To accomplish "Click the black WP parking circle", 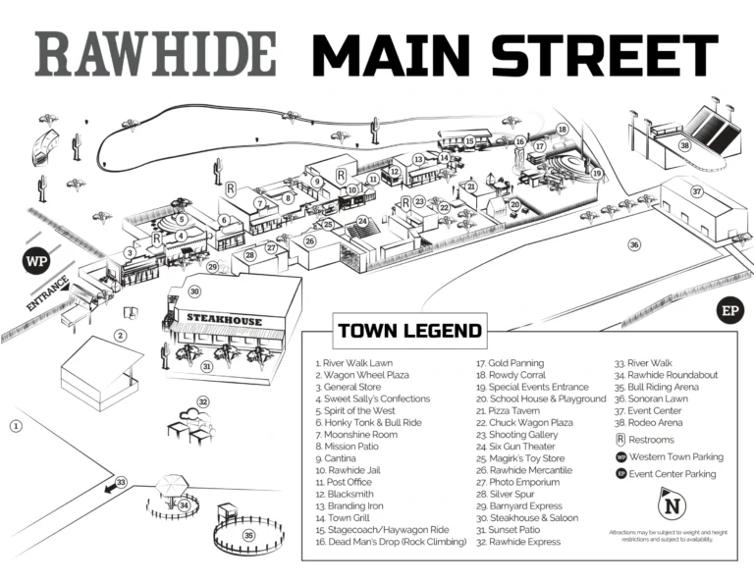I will (37, 262).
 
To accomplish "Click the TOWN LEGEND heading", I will (409, 331).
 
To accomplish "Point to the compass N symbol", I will (671, 507).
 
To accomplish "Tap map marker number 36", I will (634, 244).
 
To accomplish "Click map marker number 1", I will (16, 426).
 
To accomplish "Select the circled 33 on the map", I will (121, 482).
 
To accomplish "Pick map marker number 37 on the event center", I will (696, 191).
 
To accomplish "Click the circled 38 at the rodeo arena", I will (684, 146).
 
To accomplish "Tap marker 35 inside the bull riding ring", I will (248, 535).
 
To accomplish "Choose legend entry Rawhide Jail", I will (349, 470).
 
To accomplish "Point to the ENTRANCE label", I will (46, 292).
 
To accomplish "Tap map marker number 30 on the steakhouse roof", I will (194, 291).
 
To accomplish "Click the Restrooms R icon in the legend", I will (620, 441).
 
